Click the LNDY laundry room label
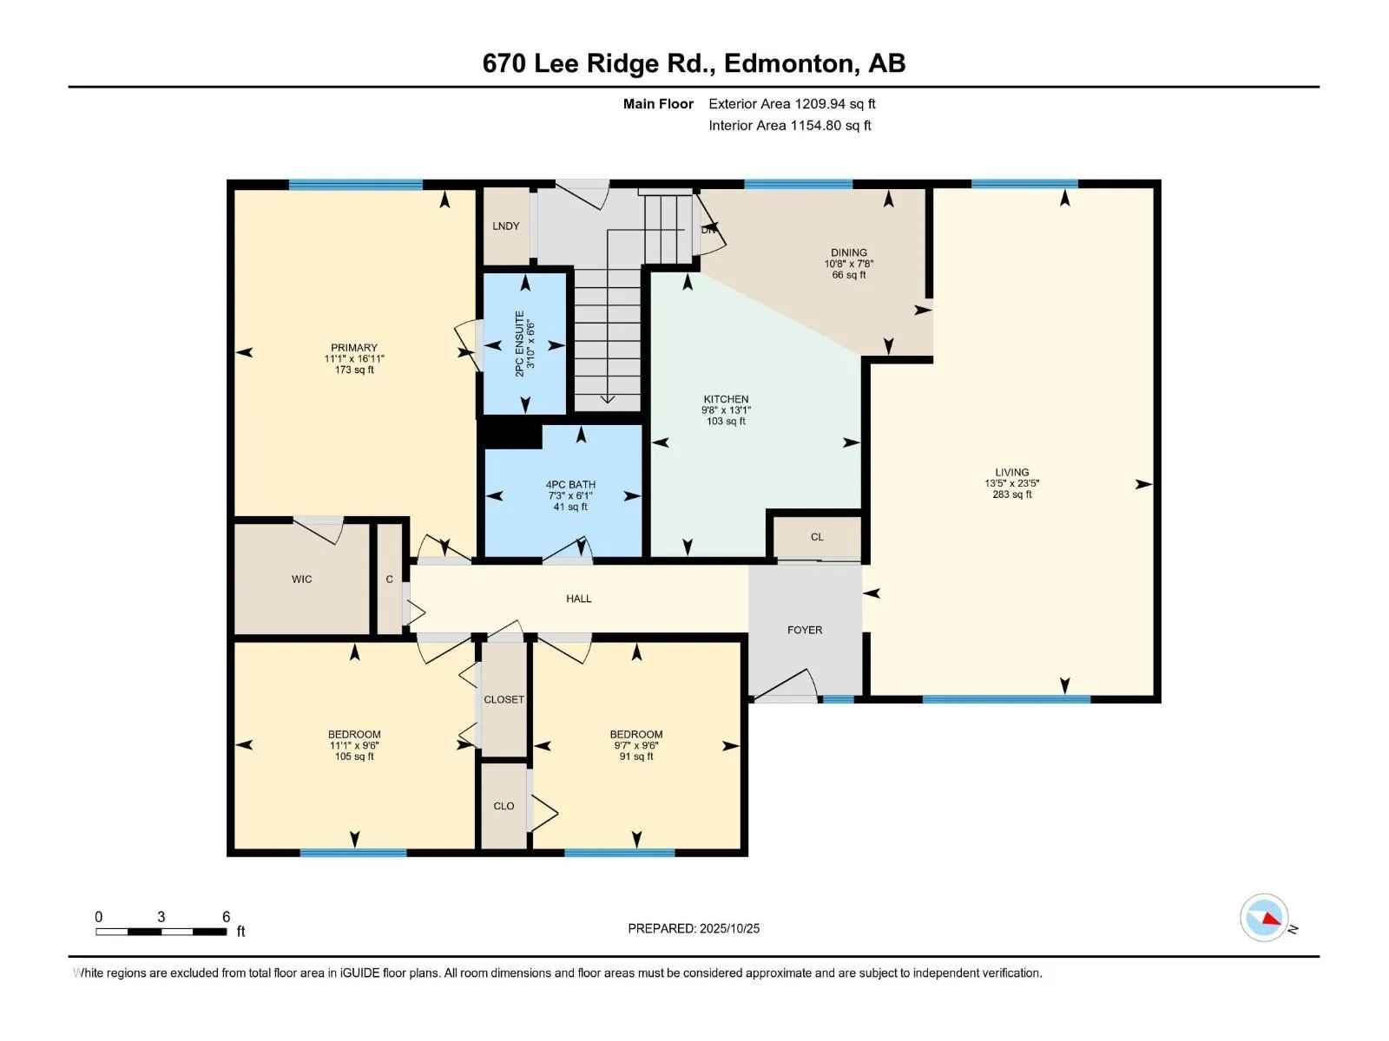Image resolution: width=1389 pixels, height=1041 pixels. pyautogui.click(x=505, y=226)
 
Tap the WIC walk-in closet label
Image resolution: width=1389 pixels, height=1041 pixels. pyautogui.click(x=302, y=579)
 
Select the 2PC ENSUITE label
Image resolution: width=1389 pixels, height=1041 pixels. pyautogui.click(x=519, y=344)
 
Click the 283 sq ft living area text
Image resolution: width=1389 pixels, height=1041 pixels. pyautogui.click(x=1012, y=494)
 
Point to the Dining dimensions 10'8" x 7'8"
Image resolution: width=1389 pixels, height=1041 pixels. pyautogui.click(x=848, y=265)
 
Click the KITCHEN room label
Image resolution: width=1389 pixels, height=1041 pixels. pyautogui.click(x=726, y=399)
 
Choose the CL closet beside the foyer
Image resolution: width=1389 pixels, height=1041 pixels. pyautogui.click(x=817, y=537)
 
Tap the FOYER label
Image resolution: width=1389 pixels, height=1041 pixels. pyautogui.click(x=805, y=630)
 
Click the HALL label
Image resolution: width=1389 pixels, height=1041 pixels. pyautogui.click(x=579, y=599)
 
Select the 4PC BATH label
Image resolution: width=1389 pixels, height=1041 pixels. pyautogui.click(x=570, y=485)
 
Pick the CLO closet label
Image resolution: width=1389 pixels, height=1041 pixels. pyautogui.click(x=504, y=806)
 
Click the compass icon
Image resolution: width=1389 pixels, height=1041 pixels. pyautogui.click(x=1264, y=918)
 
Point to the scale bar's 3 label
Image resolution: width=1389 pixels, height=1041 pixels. pyautogui.click(x=161, y=917)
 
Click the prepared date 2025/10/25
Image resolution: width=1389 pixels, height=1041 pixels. pyautogui.click(x=729, y=928)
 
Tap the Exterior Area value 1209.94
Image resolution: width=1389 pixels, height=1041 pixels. pyautogui.click(x=820, y=103)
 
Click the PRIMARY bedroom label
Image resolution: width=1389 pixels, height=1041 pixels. pyautogui.click(x=353, y=348)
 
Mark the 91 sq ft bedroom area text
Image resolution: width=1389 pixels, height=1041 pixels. pyautogui.click(x=636, y=756)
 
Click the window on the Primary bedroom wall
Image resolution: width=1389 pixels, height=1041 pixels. pyautogui.click(x=356, y=185)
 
